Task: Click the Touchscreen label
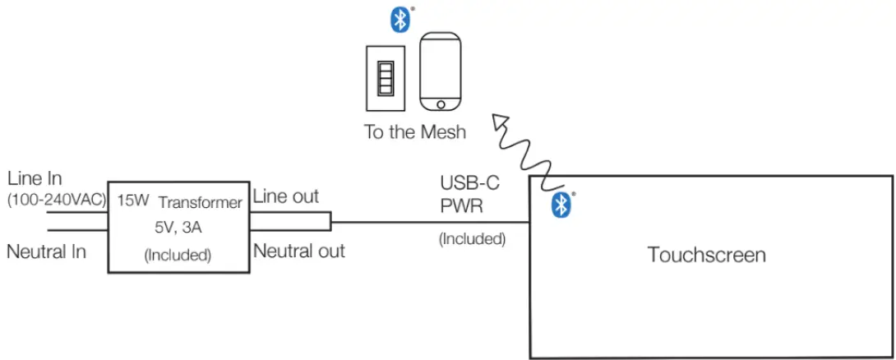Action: coord(706,255)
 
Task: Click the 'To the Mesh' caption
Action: coord(414,132)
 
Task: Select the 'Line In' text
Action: coord(34,178)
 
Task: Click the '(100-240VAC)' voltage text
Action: coord(56,200)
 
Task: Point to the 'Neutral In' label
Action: coord(46,252)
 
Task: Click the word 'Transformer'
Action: coord(200,202)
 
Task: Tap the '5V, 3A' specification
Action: coord(178,228)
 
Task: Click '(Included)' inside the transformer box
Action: coord(178,256)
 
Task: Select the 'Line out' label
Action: coord(285,196)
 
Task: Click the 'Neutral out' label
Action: coord(298,251)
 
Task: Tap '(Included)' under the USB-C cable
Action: coord(472,239)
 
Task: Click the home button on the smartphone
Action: coord(441,104)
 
